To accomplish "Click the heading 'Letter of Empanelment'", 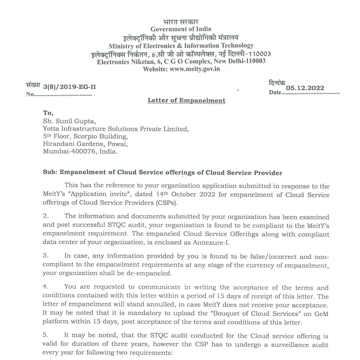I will (x=186, y=100).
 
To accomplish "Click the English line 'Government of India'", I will (x=180, y=29).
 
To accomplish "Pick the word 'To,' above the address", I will (x=48, y=114).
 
